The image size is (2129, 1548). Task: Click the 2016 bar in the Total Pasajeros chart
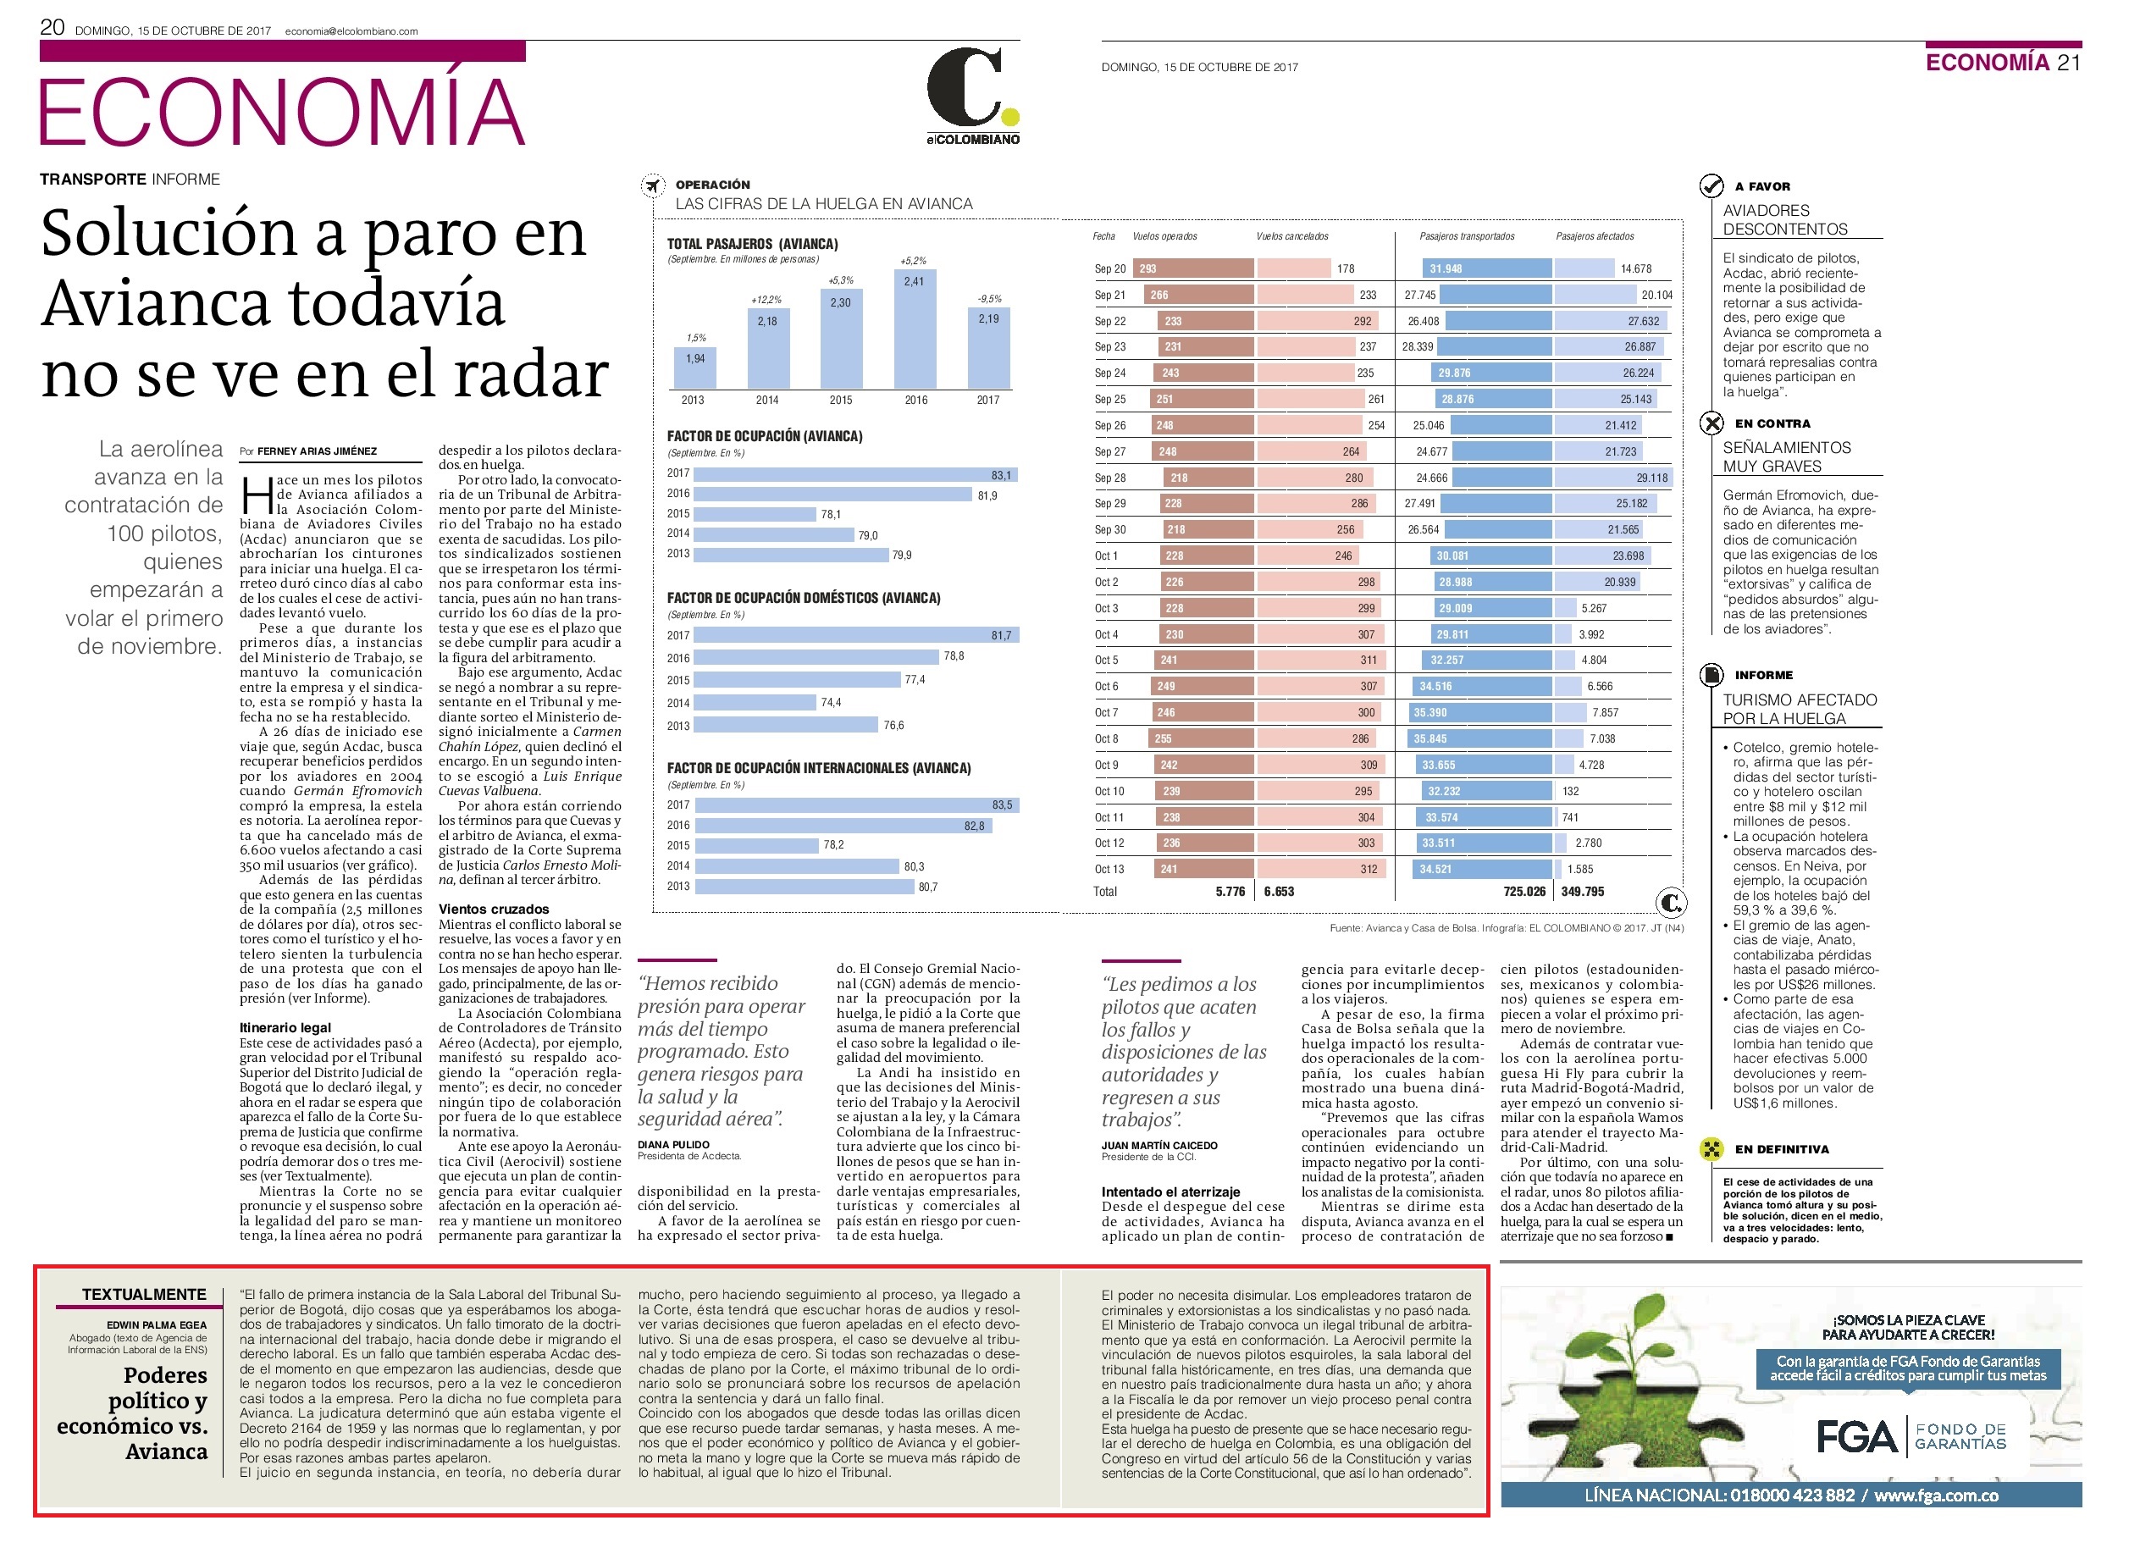tap(915, 329)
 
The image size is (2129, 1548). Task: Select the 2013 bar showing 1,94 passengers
tap(695, 368)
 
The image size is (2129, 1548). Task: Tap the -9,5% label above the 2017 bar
tap(989, 299)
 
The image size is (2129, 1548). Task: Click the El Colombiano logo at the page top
tap(972, 96)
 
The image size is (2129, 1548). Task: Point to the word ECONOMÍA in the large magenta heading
tap(282, 111)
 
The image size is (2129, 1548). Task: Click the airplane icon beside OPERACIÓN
tap(652, 185)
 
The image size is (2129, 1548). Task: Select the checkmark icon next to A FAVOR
tap(1711, 185)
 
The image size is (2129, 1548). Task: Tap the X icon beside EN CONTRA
tap(1711, 423)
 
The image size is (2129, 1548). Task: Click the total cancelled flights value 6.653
tap(1279, 892)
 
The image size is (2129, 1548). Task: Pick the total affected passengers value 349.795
tap(1583, 892)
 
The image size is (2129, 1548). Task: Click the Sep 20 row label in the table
tap(1109, 269)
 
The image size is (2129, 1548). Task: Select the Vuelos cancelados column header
tap(1292, 236)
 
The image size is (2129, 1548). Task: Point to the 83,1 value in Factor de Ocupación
tap(1002, 476)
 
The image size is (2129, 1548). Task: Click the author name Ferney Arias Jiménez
tap(318, 451)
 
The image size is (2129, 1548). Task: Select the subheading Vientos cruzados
tap(494, 909)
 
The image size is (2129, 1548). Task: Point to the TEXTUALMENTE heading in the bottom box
tap(144, 1295)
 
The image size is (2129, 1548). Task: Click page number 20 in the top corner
tap(52, 27)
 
